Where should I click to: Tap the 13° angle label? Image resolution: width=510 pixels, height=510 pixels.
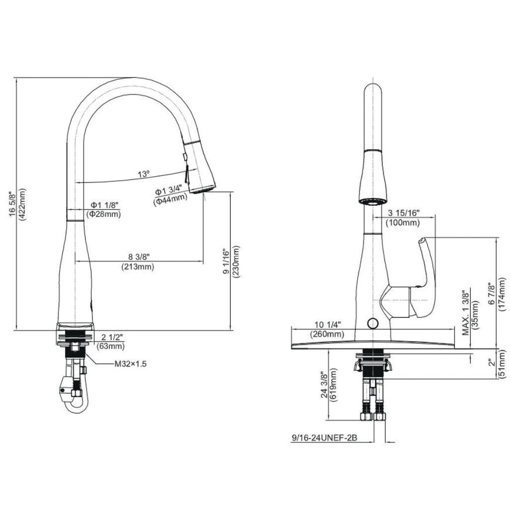click(x=144, y=174)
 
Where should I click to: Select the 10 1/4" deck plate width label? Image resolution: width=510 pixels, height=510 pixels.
click(x=327, y=324)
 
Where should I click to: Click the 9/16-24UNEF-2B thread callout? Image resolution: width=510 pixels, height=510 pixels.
click(x=325, y=438)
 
